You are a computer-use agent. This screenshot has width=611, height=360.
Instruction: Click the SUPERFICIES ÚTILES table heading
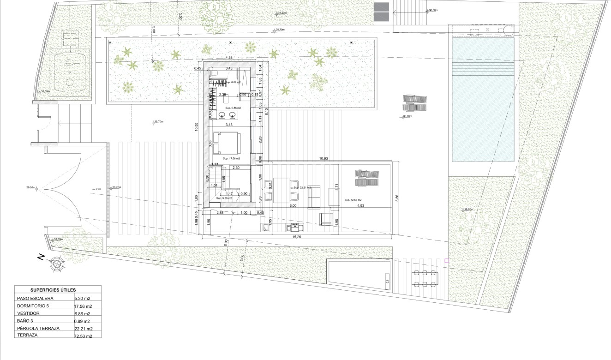(x=53, y=290)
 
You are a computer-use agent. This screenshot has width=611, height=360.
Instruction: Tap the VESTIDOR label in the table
(x=29, y=313)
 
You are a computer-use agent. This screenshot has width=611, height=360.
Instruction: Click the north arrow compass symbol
(x=57, y=264)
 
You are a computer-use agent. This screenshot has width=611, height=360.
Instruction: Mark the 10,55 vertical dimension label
(x=196, y=127)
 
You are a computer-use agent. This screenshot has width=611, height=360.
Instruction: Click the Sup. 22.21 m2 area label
(x=302, y=188)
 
